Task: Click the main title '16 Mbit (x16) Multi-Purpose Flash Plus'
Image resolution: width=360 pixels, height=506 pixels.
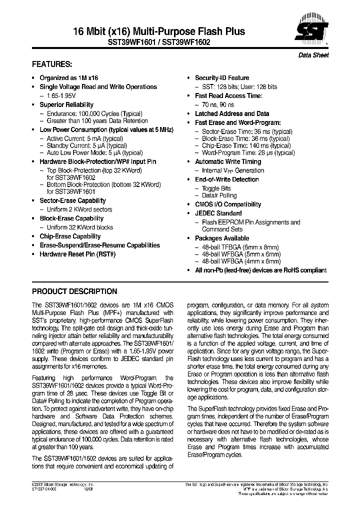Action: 138,31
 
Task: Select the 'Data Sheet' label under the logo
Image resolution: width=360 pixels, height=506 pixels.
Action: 313,55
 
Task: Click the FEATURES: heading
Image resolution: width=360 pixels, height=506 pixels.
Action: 52,64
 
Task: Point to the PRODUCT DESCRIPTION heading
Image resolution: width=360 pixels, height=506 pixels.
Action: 74,291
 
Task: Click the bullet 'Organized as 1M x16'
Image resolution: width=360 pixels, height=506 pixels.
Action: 69,78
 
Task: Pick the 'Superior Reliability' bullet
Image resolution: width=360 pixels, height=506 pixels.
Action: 66,104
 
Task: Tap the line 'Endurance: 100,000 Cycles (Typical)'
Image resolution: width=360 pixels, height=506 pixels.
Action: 94,113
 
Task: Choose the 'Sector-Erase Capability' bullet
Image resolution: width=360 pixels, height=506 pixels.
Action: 72,200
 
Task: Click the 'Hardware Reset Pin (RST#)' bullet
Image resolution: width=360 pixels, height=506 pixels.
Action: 77,254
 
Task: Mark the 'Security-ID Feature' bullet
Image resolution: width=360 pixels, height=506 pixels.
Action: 221,78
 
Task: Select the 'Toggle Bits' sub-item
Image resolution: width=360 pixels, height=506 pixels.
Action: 216,188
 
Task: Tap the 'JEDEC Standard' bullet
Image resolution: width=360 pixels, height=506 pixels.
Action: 218,213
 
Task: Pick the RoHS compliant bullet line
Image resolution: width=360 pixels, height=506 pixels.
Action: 260,270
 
